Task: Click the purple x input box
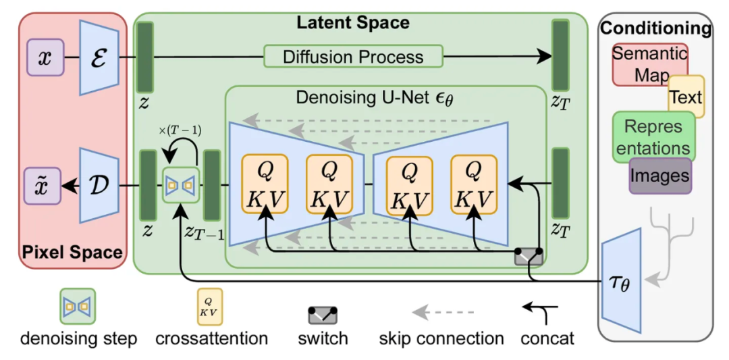tap(45, 57)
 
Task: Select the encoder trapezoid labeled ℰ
tap(99, 57)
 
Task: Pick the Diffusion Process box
tap(353, 57)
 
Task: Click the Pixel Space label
tap(72, 253)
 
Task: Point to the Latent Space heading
tap(353, 22)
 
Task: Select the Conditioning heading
tap(655, 28)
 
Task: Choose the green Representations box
tap(653, 137)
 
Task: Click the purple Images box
tap(659, 176)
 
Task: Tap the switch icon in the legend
tap(323, 315)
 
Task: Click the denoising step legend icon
tap(78, 307)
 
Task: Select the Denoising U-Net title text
tap(375, 97)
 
